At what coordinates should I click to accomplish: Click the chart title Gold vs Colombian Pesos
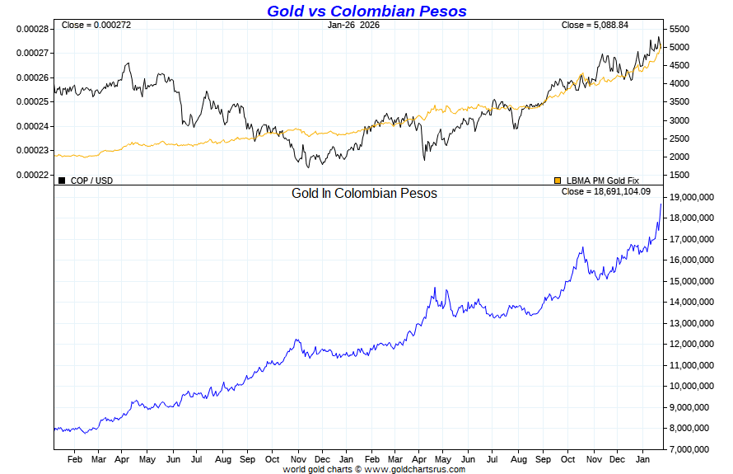366,11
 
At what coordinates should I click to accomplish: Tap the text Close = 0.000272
96,25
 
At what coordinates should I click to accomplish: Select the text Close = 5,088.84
595,25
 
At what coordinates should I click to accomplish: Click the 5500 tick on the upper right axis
679,29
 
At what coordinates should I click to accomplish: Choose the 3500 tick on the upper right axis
679,101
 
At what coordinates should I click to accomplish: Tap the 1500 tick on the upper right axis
679,175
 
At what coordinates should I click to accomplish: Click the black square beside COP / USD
62,180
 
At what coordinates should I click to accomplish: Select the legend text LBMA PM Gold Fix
602,181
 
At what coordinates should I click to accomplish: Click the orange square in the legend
558,180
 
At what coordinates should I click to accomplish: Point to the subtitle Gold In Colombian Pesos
364,193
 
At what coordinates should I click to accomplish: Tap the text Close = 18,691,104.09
605,191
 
